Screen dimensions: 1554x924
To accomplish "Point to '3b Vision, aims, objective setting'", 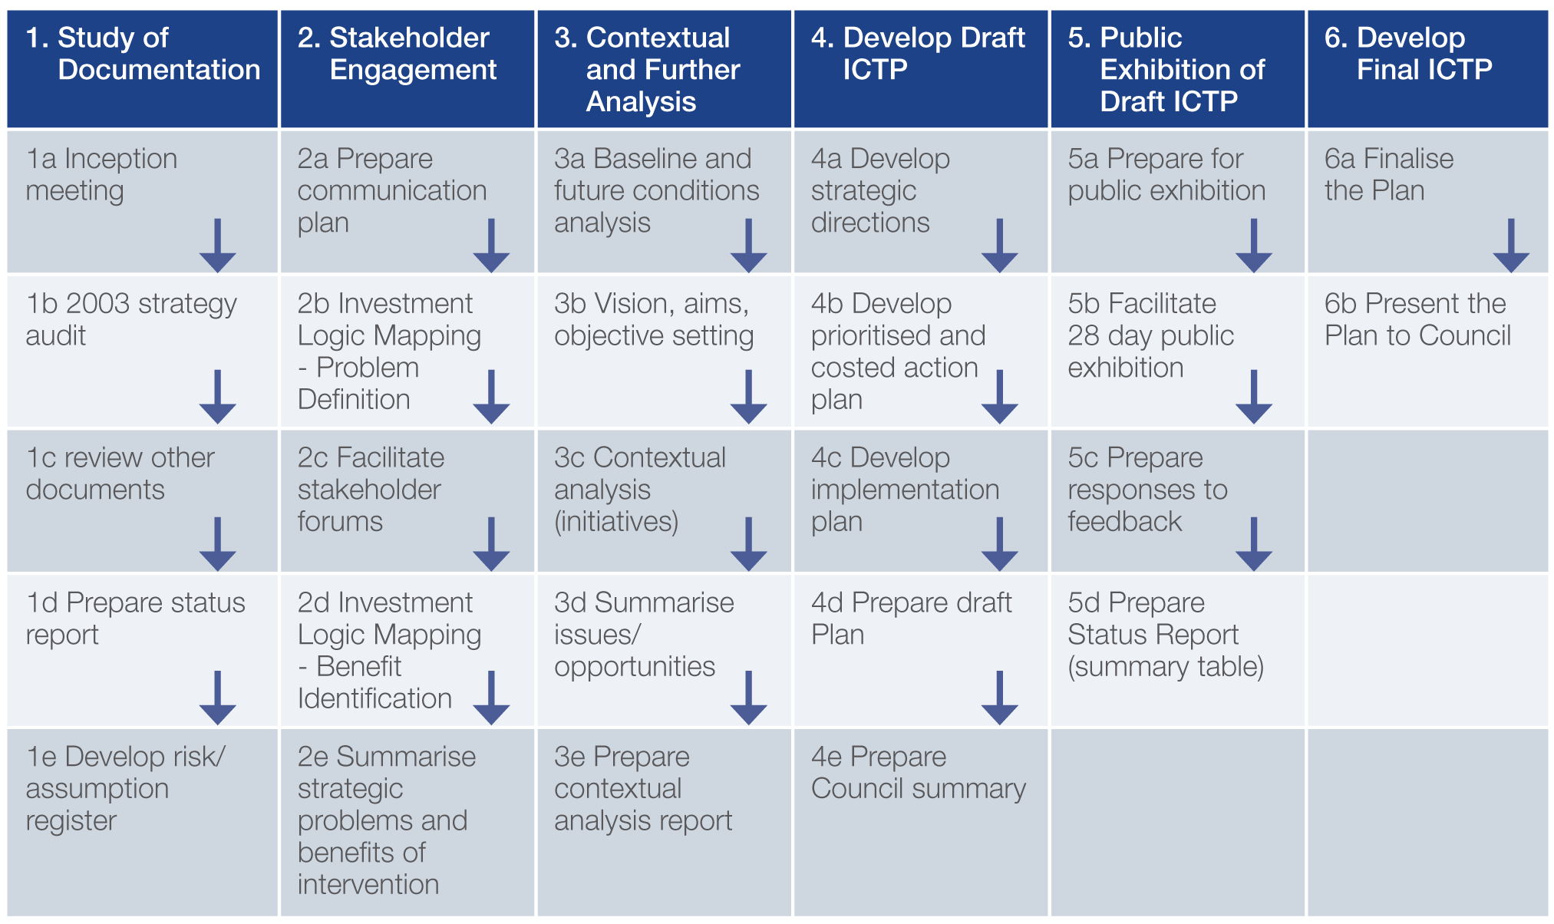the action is [654, 319].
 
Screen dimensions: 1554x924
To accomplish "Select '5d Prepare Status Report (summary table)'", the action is [1166, 635].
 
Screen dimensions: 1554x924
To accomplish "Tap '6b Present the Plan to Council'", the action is [1417, 319].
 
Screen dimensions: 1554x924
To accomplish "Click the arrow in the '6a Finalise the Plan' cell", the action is [1511, 246].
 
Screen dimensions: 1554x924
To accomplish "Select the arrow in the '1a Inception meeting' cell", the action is [218, 246].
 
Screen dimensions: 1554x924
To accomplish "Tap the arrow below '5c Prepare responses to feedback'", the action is [1254, 544].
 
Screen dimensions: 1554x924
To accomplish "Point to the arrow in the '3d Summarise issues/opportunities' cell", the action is [748, 698].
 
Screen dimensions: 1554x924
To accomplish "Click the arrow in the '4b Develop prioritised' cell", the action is [1000, 397].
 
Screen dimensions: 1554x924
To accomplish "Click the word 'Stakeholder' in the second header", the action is [409, 38].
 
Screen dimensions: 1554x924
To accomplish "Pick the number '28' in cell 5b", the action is [1085, 335].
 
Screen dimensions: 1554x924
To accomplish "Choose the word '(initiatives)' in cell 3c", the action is [616, 522].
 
